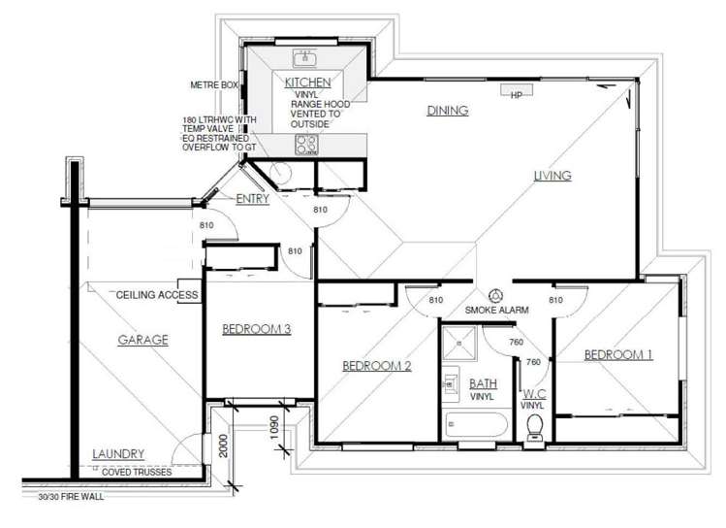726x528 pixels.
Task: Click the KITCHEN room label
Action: (x=308, y=83)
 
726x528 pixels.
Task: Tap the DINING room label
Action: (x=447, y=111)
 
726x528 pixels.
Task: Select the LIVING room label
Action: (x=552, y=176)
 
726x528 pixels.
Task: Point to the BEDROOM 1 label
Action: (x=617, y=355)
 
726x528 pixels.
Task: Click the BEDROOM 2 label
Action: (x=377, y=366)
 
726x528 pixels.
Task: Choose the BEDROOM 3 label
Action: (x=257, y=329)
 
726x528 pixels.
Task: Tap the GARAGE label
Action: (x=143, y=340)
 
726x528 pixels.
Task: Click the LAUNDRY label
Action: (x=118, y=453)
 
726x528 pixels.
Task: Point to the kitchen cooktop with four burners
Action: (x=307, y=145)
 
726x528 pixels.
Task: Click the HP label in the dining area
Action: (x=516, y=95)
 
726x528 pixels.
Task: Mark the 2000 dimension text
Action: (x=223, y=445)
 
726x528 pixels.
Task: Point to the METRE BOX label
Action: (x=214, y=85)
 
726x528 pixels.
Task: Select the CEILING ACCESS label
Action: (x=157, y=294)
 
